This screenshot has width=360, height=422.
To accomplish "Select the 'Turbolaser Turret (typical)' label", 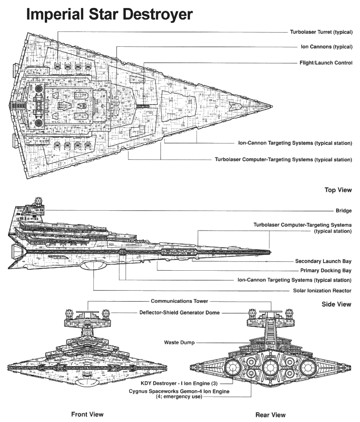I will (x=321, y=32).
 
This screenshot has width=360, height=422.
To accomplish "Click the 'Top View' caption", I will (x=338, y=190).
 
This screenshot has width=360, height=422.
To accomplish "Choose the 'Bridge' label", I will (x=344, y=211).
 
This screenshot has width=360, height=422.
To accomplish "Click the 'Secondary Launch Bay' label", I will (x=323, y=261).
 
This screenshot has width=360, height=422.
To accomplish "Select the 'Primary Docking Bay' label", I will (x=325, y=271).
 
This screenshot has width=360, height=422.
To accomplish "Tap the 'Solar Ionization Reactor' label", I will (x=322, y=290).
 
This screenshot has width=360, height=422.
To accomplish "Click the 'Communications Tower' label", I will (x=179, y=301).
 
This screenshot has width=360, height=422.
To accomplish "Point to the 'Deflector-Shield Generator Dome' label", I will (x=179, y=313).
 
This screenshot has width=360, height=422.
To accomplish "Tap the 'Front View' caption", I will (x=87, y=414).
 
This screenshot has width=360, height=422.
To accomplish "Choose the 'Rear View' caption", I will (x=270, y=414).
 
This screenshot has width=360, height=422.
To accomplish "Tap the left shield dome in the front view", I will (x=69, y=314).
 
